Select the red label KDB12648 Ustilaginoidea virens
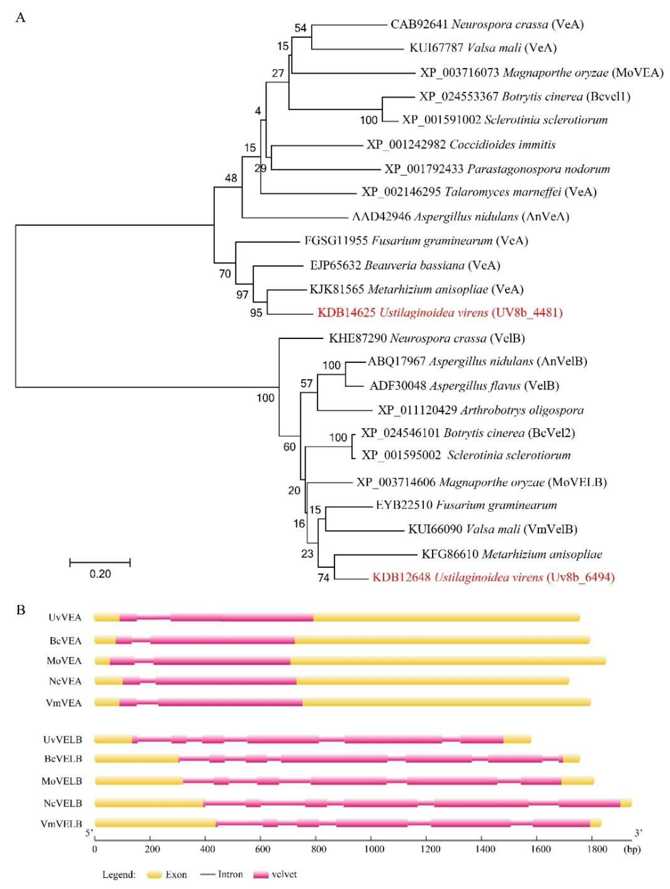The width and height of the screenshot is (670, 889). [x=493, y=578]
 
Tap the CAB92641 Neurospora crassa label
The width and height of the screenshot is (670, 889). [x=487, y=24]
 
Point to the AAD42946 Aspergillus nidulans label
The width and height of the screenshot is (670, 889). [x=460, y=217]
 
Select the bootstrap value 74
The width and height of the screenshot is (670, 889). [x=324, y=578]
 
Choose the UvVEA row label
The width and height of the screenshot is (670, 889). [x=65, y=617]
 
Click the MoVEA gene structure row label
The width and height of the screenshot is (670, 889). [x=64, y=661]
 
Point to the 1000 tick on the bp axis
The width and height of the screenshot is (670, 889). [x=374, y=849]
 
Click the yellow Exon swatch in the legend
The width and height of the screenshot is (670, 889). [x=154, y=874]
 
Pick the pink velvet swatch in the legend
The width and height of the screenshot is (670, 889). [x=261, y=874]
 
